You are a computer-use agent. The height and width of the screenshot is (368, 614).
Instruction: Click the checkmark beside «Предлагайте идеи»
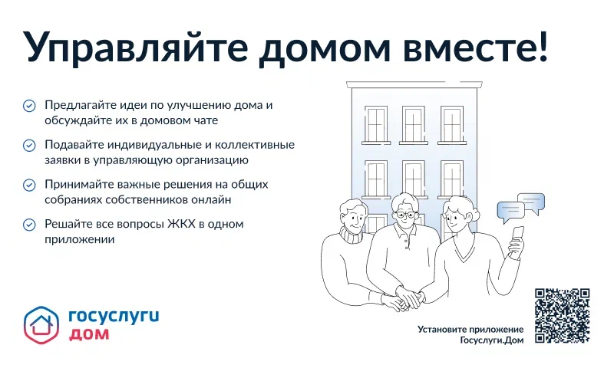point(29,106)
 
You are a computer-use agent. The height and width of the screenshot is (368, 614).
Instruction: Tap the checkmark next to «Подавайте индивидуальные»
point(29,145)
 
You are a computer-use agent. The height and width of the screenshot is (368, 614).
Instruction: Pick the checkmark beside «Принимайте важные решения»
point(29,185)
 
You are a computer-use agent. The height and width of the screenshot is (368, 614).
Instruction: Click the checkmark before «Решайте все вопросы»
point(29,224)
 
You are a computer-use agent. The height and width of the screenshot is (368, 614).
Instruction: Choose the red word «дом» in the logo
point(89,334)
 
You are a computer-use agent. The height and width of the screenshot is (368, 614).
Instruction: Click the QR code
point(562,315)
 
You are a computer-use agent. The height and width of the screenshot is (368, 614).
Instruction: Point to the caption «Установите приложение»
point(470,330)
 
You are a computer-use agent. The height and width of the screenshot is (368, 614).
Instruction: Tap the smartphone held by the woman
point(518,234)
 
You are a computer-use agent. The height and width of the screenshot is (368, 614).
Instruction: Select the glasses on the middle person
point(404,215)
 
